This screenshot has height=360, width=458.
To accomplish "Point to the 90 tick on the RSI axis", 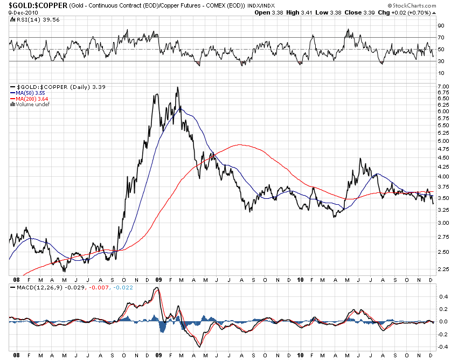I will pyautogui.click(x=440, y=26).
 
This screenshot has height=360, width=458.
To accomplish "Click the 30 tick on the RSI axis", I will pyautogui.click(x=440, y=61).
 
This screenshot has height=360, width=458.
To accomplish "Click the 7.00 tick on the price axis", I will pyautogui.click(x=443, y=87).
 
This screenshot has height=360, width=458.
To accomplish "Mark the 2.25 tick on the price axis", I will pyautogui.click(x=443, y=269).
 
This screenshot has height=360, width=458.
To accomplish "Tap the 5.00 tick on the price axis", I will pyautogui.click(x=443, y=141).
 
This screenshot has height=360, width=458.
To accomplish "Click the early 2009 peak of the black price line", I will pyautogui.click(x=177, y=88).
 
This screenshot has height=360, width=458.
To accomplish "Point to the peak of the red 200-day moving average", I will pyautogui.click(x=239, y=144).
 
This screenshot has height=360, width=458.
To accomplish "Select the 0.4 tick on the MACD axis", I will pyautogui.click(x=441, y=296).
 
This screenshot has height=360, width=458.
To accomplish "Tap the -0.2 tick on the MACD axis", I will pyautogui.click(x=441, y=334).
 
